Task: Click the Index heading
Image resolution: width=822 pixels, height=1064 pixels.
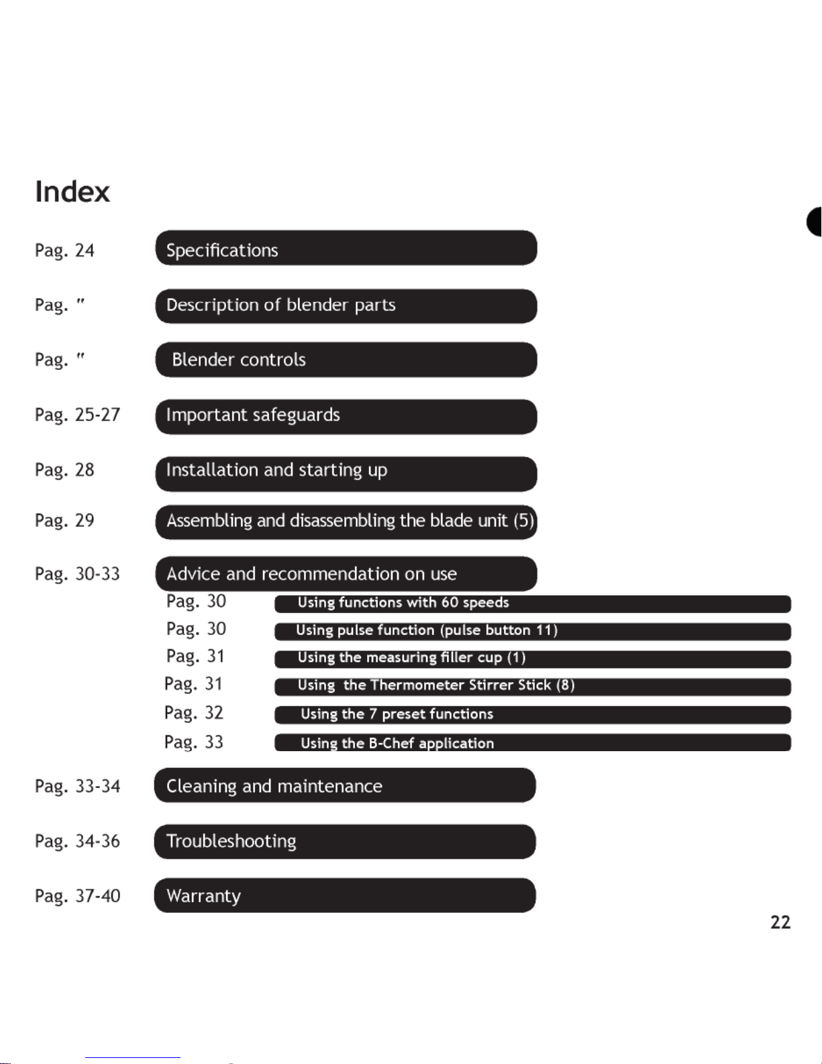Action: tap(72, 192)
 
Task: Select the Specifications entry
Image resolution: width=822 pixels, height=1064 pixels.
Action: tap(346, 249)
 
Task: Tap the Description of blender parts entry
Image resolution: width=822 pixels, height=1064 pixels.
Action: tap(346, 306)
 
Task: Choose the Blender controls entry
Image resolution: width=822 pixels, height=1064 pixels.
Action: tap(346, 360)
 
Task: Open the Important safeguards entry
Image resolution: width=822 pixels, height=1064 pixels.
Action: tap(346, 416)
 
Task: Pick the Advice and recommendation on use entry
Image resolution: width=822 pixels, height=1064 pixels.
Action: tap(346, 574)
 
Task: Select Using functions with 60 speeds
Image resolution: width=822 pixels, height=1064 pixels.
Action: tap(532, 603)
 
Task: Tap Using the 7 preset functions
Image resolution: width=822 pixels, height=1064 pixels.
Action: tap(532, 714)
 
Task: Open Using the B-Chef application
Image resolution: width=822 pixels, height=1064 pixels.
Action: tap(532, 743)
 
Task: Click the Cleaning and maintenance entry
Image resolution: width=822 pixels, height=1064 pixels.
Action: tap(344, 786)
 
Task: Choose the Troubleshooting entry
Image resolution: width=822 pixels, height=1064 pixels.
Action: tap(344, 842)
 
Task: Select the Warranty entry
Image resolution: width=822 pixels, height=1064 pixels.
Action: tap(344, 896)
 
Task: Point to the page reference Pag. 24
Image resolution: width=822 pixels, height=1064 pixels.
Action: tap(64, 251)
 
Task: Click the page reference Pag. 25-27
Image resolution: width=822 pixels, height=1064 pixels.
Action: tap(77, 416)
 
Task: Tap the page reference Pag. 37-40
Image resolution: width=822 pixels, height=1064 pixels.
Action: tap(77, 896)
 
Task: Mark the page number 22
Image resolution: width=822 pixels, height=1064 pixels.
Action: tap(780, 922)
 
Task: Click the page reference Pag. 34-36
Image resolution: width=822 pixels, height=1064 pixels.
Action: tap(77, 842)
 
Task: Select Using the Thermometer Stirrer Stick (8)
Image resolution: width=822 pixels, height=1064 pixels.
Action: tap(532, 686)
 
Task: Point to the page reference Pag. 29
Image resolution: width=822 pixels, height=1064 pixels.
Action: tap(64, 521)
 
